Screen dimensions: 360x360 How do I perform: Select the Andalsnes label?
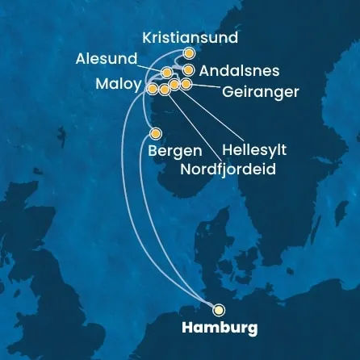click(x=239, y=71)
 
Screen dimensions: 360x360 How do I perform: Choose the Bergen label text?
click(x=174, y=151)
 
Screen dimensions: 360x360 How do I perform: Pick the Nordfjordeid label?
click(x=228, y=170)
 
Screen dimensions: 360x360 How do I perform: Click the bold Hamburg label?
click(x=220, y=328)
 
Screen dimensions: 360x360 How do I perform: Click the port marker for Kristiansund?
click(x=189, y=53)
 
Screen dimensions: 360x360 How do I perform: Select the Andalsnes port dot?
click(x=188, y=70)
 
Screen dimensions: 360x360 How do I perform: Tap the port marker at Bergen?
click(x=156, y=133)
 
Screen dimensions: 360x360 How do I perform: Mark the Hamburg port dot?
click(x=219, y=308)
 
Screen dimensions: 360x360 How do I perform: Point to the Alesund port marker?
click(x=166, y=73)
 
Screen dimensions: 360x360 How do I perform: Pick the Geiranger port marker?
click(x=186, y=84)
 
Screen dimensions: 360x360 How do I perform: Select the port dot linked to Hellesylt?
click(x=174, y=84)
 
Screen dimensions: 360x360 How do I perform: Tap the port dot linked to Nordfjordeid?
click(x=164, y=90)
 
